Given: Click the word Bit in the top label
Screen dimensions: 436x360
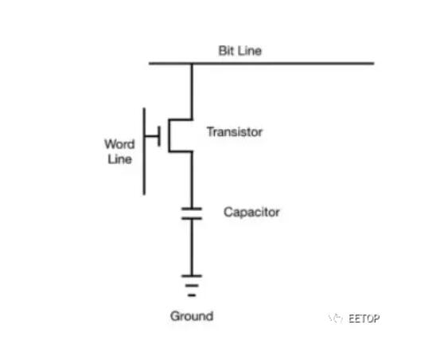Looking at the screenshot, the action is tap(224, 51).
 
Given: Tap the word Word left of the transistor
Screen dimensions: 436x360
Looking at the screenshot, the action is tap(119, 144).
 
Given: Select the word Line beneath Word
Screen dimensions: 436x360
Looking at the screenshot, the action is tap(120, 159).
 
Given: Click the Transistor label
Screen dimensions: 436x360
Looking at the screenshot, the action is tap(235, 132).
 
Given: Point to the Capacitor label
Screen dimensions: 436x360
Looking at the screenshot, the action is tap(251, 213).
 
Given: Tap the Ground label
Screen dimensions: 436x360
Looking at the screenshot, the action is tap(192, 316).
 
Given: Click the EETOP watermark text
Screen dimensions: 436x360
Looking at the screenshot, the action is tap(364, 319).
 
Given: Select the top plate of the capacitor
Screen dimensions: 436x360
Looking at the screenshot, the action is tap(192, 209).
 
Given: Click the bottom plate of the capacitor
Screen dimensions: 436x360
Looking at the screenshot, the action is tap(192, 218).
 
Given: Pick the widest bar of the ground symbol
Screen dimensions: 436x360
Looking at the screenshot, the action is tap(192, 276).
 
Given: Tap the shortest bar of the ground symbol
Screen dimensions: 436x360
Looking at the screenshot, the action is tap(192, 295).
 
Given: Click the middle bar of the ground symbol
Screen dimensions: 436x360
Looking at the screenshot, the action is tap(192, 286).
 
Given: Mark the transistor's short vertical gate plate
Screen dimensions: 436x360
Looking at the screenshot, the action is tap(159, 136).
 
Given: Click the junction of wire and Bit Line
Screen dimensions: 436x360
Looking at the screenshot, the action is tap(192, 64).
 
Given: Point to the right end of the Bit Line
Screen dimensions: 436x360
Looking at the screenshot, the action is tap(374, 64).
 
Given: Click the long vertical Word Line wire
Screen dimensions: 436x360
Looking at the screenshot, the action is tap(144, 151).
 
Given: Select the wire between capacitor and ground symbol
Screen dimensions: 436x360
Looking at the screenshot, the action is tap(192, 247).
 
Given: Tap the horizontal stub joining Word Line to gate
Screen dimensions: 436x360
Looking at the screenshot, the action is tap(151, 136).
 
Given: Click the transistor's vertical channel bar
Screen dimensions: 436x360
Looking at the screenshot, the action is tap(169, 136).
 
